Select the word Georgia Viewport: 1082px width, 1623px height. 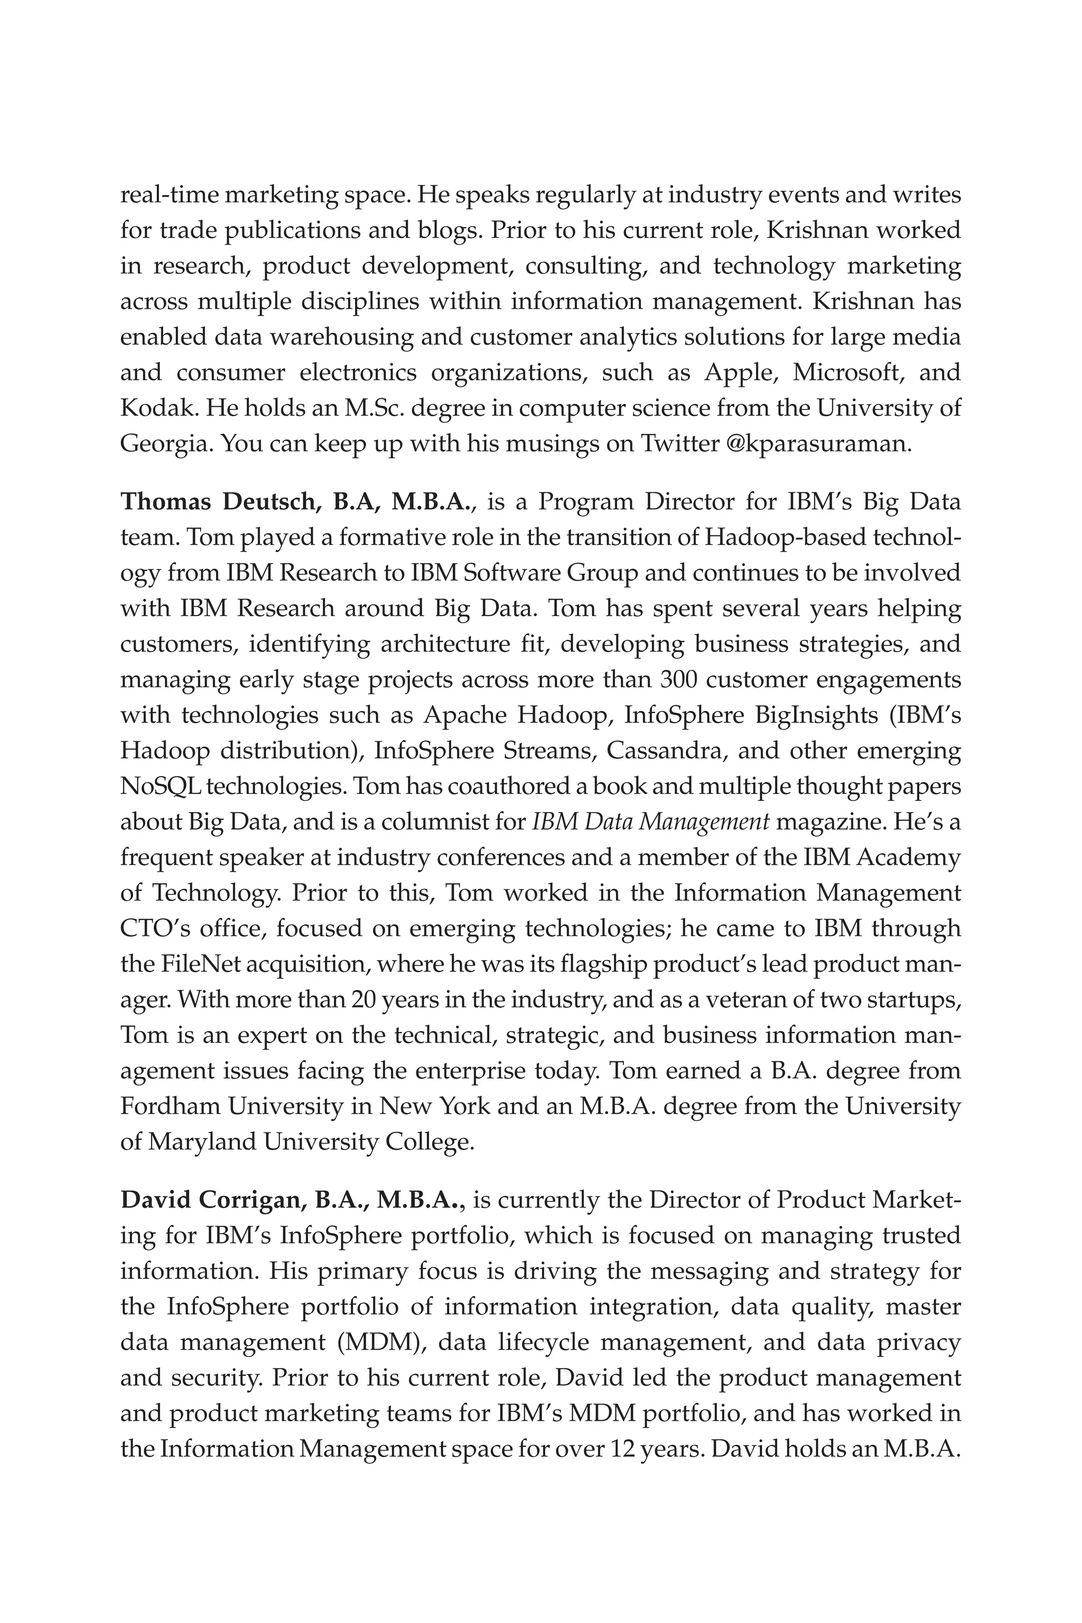165,443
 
